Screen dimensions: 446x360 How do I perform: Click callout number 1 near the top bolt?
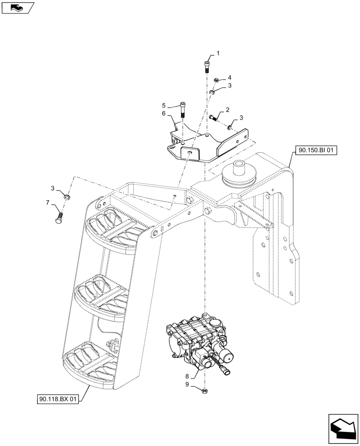tap(218, 54)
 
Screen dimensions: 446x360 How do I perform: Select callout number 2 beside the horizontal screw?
tap(227, 110)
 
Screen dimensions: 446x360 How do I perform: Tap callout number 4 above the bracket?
tap(230, 77)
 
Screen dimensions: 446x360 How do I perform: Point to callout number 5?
tap(164, 106)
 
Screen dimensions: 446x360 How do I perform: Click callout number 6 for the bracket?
tap(164, 114)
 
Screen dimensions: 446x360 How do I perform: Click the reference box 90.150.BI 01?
tap(316, 151)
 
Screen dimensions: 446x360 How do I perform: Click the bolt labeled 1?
tap(207, 66)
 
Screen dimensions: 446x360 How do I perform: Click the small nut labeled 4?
tap(215, 80)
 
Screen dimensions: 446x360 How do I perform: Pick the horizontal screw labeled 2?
tap(213, 118)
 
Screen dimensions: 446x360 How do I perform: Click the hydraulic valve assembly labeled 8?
tap(198, 343)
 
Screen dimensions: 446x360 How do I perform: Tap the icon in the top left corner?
tap(18, 8)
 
